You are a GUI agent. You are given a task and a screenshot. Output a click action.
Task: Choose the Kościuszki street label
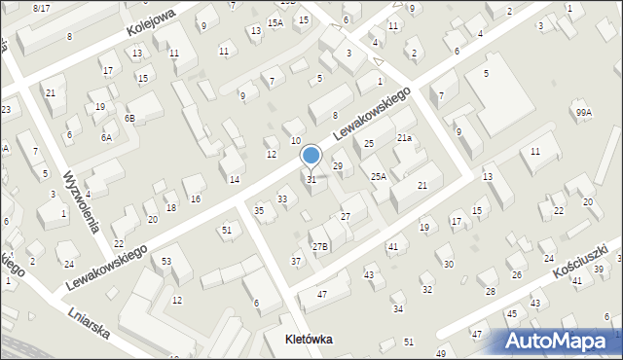tap(584, 255)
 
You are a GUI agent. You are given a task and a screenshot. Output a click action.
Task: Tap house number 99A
tap(583, 113)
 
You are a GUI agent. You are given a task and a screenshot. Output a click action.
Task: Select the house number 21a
tap(403, 138)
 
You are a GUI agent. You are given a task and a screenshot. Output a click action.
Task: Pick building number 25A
tap(379, 176)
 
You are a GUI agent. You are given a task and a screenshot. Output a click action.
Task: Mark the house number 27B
tap(319, 246)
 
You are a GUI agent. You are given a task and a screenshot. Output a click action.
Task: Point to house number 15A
tap(275, 22)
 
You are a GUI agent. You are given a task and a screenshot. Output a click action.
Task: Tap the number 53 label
tap(166, 261)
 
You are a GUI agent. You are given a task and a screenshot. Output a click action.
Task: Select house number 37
tap(296, 261)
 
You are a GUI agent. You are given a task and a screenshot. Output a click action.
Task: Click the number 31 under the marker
tap(311, 179)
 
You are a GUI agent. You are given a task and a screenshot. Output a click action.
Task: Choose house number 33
tap(282, 198)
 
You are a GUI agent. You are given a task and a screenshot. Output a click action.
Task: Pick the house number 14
tap(235, 179)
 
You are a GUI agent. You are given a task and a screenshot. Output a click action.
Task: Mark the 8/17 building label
tap(41, 8)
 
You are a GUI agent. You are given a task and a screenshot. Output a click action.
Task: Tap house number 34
tap(397, 308)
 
